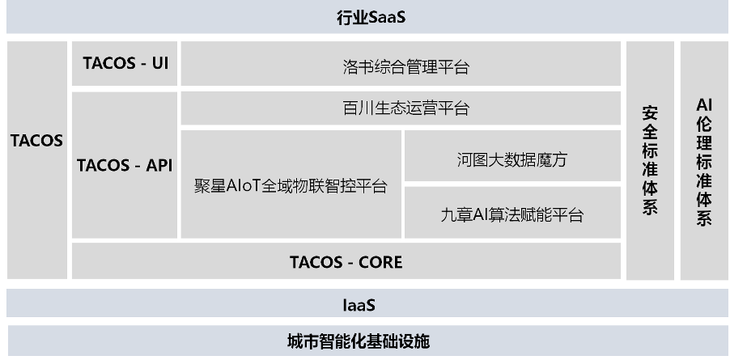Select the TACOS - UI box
[125, 63]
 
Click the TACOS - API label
[125, 165]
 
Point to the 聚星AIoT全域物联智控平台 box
[291, 185]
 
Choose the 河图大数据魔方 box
[511, 159]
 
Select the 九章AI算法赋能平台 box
[511, 214]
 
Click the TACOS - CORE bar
[346, 261]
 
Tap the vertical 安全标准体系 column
[649, 160]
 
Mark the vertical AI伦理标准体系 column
[704, 160]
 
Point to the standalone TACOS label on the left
[36, 140]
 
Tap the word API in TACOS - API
[158, 165]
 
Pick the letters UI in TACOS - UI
[159, 63]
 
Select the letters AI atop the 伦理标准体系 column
[704, 105]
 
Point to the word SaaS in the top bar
[386, 17]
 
